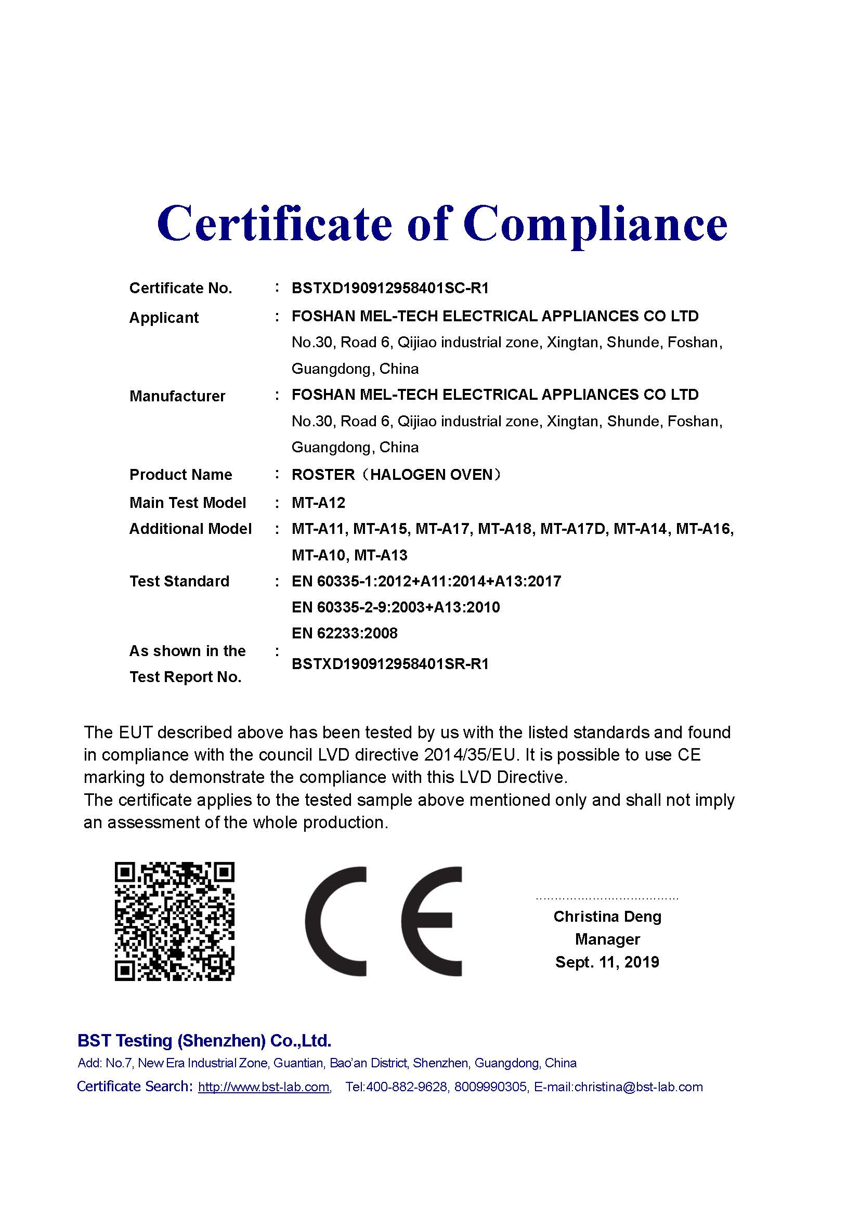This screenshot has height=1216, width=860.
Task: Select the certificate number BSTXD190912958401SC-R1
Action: tap(390, 288)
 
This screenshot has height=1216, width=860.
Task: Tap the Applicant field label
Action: tap(164, 318)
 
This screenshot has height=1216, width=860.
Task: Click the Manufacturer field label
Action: tap(177, 396)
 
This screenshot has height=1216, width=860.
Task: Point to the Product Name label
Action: tap(180, 475)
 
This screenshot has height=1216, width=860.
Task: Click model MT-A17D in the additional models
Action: tap(573, 529)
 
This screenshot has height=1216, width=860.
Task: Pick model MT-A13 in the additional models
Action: tap(381, 555)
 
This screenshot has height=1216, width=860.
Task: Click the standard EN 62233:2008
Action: tap(344, 633)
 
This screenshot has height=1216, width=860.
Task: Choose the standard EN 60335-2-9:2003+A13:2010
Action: tap(396, 607)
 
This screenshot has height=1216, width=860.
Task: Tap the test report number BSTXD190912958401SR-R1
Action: tap(390, 664)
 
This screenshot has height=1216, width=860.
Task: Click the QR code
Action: tap(174, 921)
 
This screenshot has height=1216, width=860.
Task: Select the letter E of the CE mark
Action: tap(431, 921)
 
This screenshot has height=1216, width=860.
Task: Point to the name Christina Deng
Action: tap(607, 916)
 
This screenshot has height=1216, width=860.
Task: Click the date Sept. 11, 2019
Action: tap(607, 962)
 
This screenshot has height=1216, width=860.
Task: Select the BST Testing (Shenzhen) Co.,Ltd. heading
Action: tap(204, 1041)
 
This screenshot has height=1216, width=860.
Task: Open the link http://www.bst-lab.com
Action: tap(264, 1087)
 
